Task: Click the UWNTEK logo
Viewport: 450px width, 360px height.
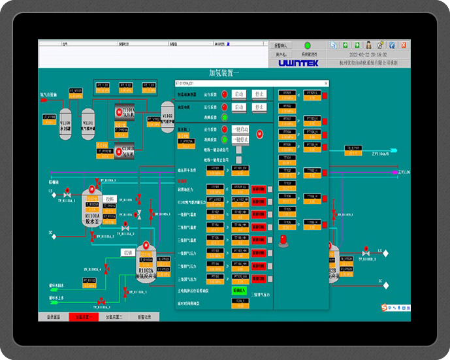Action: coord(298,63)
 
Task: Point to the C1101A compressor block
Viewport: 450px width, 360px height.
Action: coord(125,112)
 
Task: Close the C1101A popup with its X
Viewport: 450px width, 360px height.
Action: coord(326,84)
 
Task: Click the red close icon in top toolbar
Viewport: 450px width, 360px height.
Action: coord(404,45)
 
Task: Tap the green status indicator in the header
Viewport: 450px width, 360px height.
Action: coord(307,46)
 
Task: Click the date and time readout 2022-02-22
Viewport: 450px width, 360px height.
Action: coord(368,55)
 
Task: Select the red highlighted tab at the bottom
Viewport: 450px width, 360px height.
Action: coord(86,317)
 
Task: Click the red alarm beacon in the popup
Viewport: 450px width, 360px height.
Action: coord(282,240)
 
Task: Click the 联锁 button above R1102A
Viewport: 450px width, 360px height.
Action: coord(128,252)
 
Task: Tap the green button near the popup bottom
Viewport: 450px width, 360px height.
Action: coord(239,289)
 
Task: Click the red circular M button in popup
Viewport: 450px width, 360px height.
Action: coord(259,134)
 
